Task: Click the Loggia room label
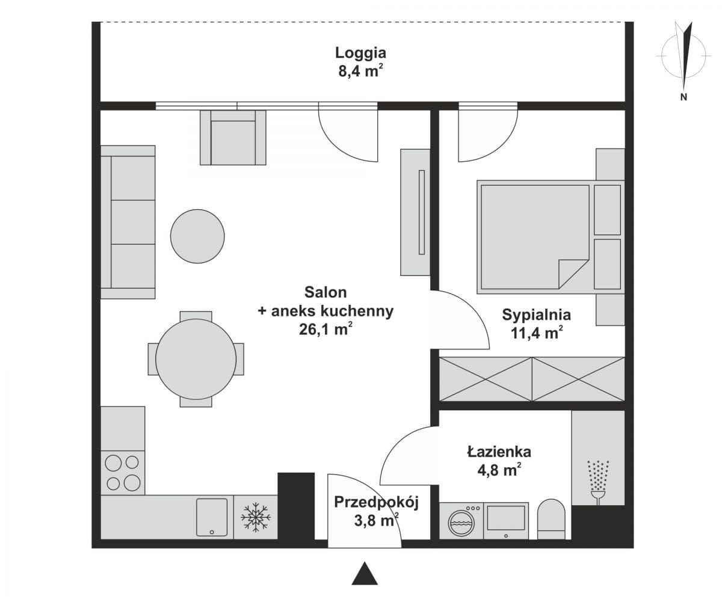[x=360, y=54]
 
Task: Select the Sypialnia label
[x=536, y=315]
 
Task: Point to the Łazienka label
[x=499, y=452]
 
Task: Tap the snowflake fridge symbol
[x=256, y=517]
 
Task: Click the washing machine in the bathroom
[x=461, y=521]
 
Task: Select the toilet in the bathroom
[x=551, y=519]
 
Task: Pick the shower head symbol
[x=598, y=483]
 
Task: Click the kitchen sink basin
[x=212, y=517]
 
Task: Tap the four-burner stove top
[x=123, y=473]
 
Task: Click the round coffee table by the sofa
[x=197, y=236]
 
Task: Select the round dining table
[x=196, y=359]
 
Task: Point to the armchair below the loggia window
[x=233, y=138]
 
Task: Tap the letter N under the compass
[x=683, y=97]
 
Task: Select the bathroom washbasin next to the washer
[x=506, y=521]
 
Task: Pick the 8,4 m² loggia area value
[x=360, y=72]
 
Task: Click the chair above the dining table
[x=196, y=316]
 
